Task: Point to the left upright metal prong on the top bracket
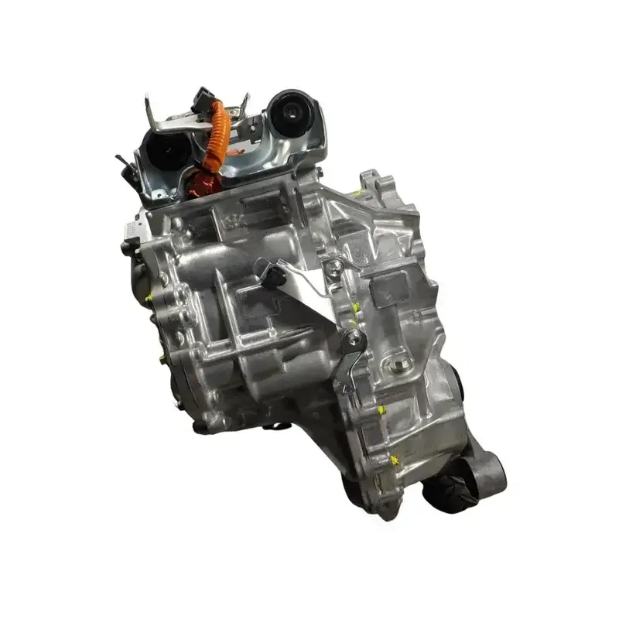coord(148,109)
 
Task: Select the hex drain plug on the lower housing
coord(399,357)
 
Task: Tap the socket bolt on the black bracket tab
coord(353,338)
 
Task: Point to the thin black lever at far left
coord(124,164)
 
